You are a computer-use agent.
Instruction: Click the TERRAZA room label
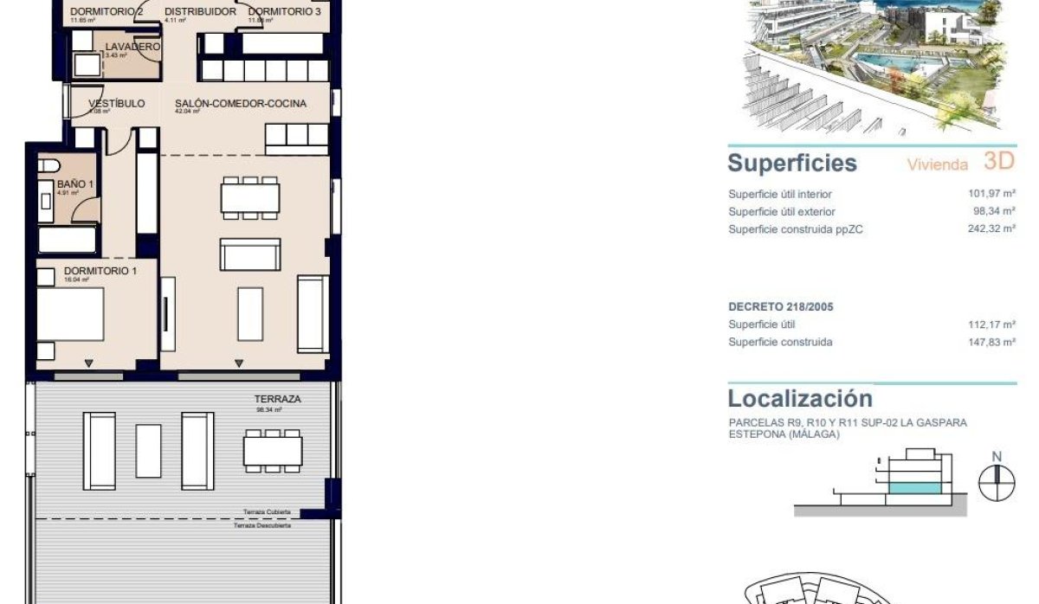(x=277, y=399)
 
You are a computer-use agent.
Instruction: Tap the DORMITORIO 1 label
(x=100, y=271)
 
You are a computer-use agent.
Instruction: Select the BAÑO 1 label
(x=70, y=184)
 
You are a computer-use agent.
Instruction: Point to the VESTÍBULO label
(x=117, y=104)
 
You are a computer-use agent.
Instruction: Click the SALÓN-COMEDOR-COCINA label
(x=241, y=104)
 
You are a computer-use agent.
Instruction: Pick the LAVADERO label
(x=132, y=47)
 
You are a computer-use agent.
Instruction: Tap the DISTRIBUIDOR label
(x=201, y=12)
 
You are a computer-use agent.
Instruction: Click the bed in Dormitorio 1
(x=71, y=315)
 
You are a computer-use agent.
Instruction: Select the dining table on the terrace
(x=273, y=450)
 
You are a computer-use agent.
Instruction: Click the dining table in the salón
(x=250, y=198)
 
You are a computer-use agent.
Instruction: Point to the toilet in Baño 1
(x=48, y=165)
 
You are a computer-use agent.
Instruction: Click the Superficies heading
(x=792, y=164)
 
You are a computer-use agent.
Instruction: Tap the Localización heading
(x=800, y=399)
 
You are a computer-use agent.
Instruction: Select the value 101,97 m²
(x=991, y=194)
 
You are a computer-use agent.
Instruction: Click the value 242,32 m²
(x=991, y=228)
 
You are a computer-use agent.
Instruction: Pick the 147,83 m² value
(x=991, y=342)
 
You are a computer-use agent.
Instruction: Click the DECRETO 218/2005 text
(x=781, y=307)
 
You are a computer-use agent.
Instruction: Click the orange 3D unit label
(x=999, y=161)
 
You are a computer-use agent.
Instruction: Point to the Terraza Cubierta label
(x=267, y=511)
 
